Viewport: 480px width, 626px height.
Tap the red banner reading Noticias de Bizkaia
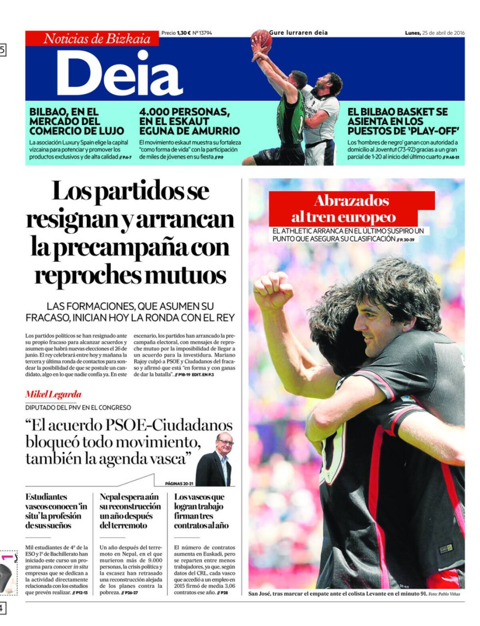pyautogui.click(x=97, y=39)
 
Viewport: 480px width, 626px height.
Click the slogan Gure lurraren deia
pyautogui.click(x=298, y=32)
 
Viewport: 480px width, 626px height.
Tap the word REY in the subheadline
pyautogui.click(x=224, y=318)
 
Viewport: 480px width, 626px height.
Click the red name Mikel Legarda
pyautogui.click(x=53, y=394)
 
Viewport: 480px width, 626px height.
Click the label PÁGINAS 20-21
pyautogui.click(x=179, y=484)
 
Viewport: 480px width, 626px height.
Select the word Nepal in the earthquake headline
pyautogui.click(x=110, y=497)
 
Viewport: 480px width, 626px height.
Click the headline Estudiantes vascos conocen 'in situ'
pyautogui.click(x=56, y=511)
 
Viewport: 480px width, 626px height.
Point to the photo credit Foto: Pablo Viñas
pyautogui.click(x=444, y=594)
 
